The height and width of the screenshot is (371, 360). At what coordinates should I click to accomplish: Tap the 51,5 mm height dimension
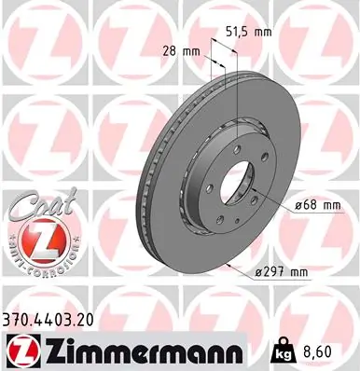pyautogui.click(x=249, y=32)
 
